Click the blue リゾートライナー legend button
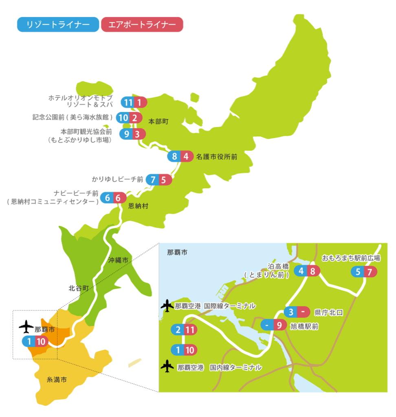click(58, 24)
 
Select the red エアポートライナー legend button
click(142, 24)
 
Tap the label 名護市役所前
click(216, 156)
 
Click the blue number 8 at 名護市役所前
click(174, 156)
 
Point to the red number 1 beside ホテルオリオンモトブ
click(139, 103)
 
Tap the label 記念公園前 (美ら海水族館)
click(73, 118)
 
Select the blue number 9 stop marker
click(127, 134)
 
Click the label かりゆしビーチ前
click(118, 179)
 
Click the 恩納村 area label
click(138, 206)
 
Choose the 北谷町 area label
click(79, 288)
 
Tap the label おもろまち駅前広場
click(351, 258)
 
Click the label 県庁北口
click(329, 312)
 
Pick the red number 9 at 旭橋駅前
click(279, 325)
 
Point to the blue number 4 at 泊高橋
click(301, 271)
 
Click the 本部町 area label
click(158, 121)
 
